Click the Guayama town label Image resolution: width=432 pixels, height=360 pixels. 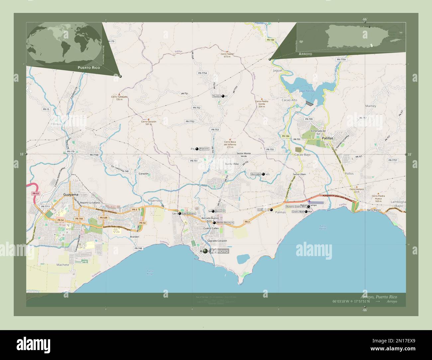[70, 195]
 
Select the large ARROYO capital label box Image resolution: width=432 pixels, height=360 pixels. [220, 251]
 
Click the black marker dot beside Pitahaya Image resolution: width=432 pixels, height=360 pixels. [197, 149]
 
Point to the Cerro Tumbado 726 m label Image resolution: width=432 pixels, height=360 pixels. [119, 98]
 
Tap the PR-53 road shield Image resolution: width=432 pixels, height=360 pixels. [35, 193]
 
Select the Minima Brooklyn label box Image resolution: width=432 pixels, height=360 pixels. [225, 223]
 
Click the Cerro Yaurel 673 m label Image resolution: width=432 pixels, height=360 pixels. [227, 55]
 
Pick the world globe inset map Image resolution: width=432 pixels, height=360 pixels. [64, 44]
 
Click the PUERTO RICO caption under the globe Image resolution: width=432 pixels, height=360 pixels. [88, 67]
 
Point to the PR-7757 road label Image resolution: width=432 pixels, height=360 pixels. [392, 160]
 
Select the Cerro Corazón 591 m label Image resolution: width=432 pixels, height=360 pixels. [149, 123]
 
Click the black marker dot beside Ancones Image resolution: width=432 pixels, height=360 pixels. [264, 174]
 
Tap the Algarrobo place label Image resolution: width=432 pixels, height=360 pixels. [155, 201]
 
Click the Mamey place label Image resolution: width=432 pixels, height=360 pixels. [371, 106]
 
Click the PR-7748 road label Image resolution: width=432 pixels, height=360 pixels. [94, 155]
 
